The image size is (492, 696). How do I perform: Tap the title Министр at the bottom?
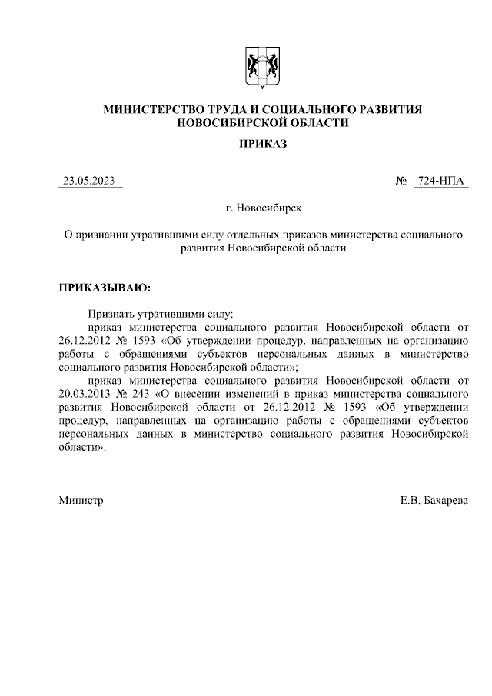[x=81, y=500]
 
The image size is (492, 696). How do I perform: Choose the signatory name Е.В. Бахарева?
[x=434, y=500]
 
